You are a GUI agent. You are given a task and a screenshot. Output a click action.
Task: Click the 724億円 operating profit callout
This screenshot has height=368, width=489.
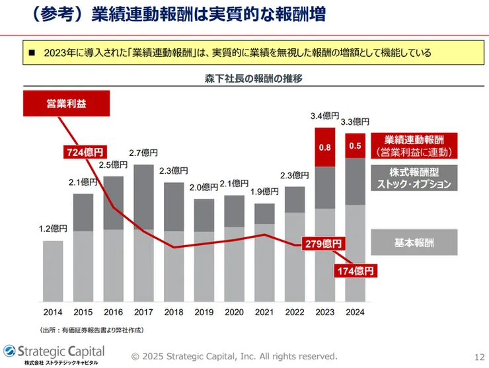tap(85, 152)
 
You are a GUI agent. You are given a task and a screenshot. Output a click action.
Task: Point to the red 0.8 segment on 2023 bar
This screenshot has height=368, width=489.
tap(325, 147)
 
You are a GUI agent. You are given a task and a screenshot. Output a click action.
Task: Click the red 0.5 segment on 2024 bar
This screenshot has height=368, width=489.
tap(356, 145)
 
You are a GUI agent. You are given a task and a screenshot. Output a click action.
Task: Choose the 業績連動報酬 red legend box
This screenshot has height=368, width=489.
tap(413, 145)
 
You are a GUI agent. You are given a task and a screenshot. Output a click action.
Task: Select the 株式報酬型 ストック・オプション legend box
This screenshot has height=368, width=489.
tap(413, 178)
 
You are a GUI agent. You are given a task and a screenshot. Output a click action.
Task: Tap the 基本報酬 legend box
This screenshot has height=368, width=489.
tap(413, 242)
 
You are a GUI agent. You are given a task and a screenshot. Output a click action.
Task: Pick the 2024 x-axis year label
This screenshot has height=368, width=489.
tap(356, 311)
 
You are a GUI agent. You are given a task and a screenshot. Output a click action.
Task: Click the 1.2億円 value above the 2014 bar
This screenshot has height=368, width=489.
tap(53, 229)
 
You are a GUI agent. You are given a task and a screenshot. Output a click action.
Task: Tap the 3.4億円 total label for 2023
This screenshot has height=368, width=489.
tap(324, 116)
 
